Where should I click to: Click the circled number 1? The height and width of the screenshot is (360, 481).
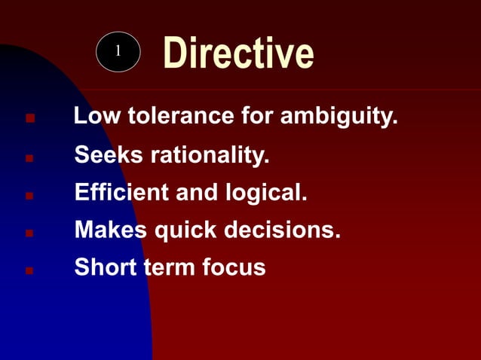click(118, 52)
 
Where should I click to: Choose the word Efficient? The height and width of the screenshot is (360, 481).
click(121, 193)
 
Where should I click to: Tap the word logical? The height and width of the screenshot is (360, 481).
click(262, 193)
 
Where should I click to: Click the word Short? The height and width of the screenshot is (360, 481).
click(104, 267)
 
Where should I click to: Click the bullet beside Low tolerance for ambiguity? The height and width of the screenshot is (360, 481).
click(29, 119)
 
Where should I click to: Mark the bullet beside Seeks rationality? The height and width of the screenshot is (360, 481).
click(29, 159)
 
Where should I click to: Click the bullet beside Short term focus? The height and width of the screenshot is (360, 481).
click(29, 269)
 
